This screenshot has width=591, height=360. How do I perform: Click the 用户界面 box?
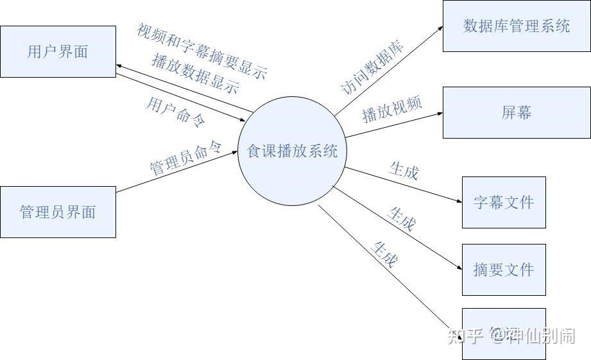tap(58, 51)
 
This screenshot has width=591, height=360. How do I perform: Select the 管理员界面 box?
tap(58, 212)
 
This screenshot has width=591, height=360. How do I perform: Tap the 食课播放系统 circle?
tap(292, 151)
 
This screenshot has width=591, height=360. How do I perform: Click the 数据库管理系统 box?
tap(517, 26)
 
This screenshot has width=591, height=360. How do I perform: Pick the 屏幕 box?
tap(517, 112)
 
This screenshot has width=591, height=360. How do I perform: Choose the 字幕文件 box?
tap(504, 202)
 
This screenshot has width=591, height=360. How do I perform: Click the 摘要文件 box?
tap(504, 270)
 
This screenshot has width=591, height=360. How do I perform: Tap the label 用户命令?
tap(175, 112)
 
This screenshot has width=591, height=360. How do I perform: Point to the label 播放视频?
tap(392, 108)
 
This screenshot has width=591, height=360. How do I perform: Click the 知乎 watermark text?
tap(465, 336)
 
